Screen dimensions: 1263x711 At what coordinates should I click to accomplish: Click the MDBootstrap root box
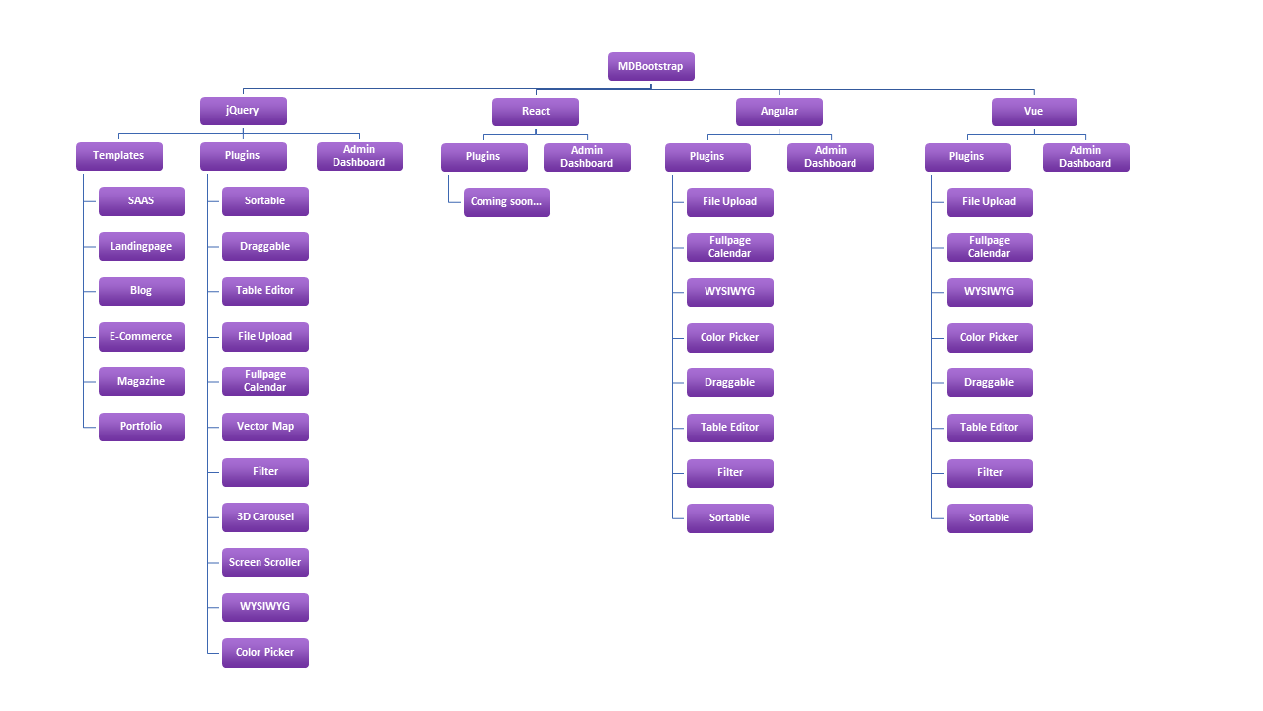coord(650,66)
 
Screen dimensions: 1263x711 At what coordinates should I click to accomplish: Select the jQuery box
coord(244,111)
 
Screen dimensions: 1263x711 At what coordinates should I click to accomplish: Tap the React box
coord(536,112)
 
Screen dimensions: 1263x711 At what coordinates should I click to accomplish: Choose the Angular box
coord(780,112)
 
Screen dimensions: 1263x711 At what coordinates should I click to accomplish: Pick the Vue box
coord(1035,112)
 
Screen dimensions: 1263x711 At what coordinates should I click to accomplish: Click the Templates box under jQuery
coord(119,156)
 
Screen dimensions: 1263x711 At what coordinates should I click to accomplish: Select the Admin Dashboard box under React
coord(587,157)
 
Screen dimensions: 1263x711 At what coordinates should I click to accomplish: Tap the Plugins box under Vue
coord(968,157)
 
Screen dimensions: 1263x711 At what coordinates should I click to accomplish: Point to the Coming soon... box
coord(506,202)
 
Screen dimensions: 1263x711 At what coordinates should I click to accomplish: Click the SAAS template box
coord(141,201)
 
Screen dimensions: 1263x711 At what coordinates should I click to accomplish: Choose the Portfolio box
coord(141,427)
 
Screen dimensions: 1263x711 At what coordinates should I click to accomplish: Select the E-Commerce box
coord(141,337)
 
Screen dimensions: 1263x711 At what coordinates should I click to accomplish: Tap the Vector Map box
coord(265,428)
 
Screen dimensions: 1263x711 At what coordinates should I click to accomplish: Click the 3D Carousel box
coord(265,517)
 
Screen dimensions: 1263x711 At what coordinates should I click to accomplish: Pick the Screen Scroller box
coord(265,563)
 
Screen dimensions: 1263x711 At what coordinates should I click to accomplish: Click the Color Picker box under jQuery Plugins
coord(265,653)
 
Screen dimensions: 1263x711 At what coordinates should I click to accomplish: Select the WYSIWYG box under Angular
coord(730,293)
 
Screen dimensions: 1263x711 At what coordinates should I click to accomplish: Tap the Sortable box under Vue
coord(990,518)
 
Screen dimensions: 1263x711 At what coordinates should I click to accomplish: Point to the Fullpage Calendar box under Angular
coord(730,247)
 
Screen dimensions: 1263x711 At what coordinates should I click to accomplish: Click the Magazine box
coord(141,382)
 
